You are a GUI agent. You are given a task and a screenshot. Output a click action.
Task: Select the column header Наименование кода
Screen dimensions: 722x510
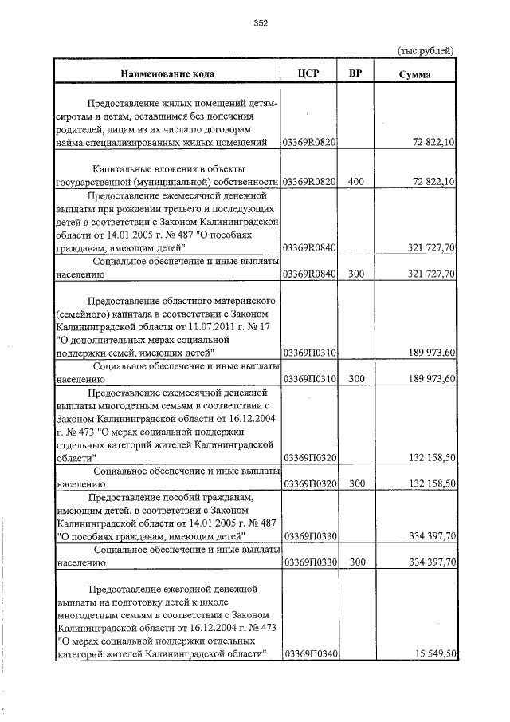[x=167, y=74]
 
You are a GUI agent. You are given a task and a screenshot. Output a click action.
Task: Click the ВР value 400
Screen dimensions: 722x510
[x=356, y=182]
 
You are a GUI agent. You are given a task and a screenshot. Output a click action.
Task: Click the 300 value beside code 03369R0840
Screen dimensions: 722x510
[x=356, y=274]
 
